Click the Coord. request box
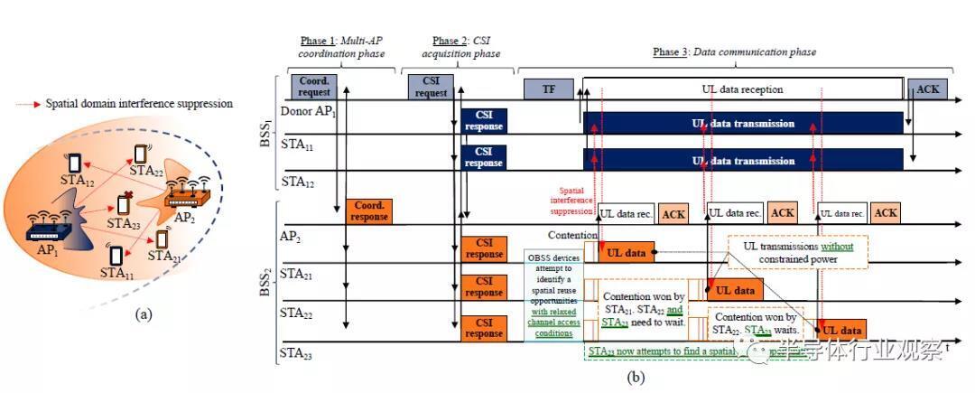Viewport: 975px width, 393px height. (x=312, y=87)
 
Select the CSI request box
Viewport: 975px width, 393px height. (x=431, y=87)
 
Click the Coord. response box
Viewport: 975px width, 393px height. (x=368, y=211)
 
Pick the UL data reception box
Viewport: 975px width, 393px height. (x=742, y=89)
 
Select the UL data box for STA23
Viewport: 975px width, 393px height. (x=842, y=331)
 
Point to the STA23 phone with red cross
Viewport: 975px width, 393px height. (x=125, y=205)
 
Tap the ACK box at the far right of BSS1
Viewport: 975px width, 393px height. (x=927, y=89)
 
